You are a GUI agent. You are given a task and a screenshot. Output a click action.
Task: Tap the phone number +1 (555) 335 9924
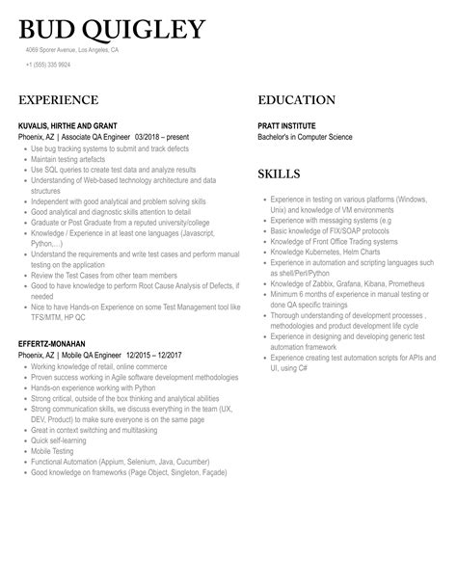pos(48,65)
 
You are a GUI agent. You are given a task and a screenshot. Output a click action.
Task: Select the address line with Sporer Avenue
pos(72,49)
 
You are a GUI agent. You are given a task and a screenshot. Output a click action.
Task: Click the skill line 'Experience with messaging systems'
pos(329,221)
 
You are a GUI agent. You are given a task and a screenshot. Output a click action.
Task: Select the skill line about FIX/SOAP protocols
pos(330,231)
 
